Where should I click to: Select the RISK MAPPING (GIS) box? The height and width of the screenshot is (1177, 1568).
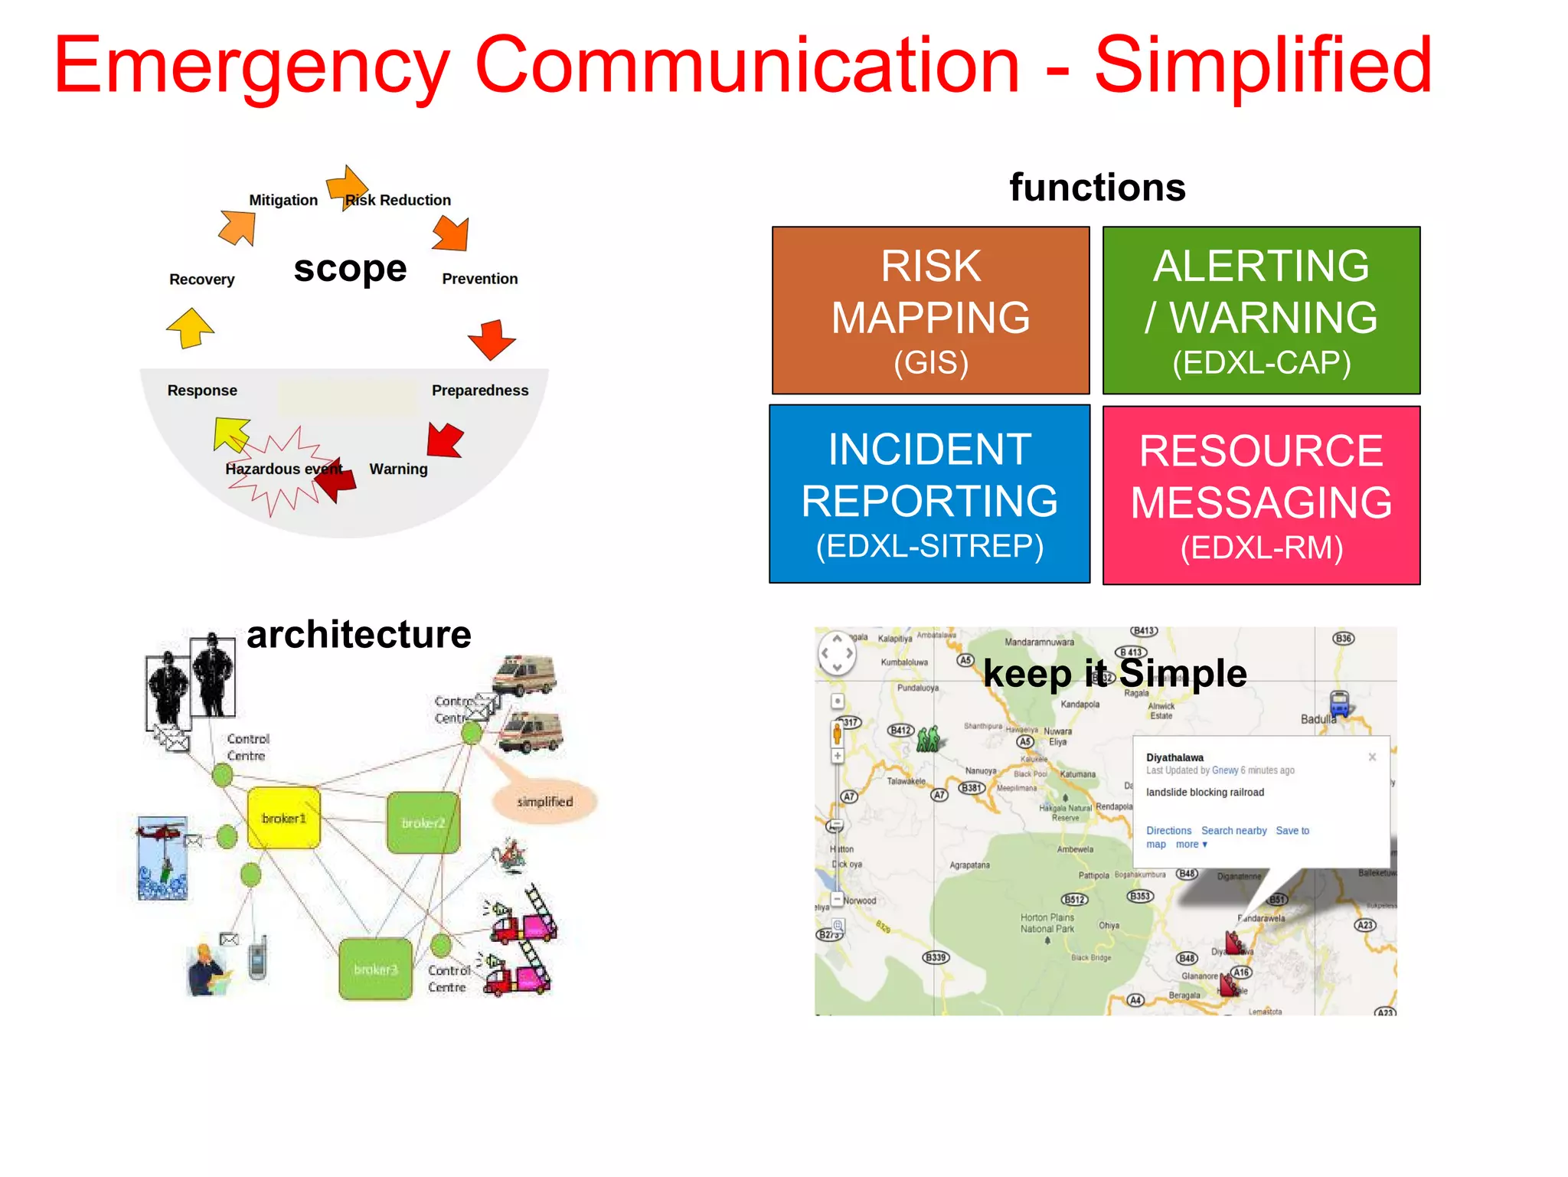click(930, 310)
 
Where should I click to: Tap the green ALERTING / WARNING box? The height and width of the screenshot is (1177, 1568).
click(1261, 310)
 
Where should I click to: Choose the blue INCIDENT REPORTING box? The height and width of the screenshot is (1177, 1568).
click(929, 494)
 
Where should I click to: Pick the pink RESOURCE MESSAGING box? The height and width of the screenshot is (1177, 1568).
click(1261, 495)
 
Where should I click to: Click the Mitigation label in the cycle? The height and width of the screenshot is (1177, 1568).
click(283, 200)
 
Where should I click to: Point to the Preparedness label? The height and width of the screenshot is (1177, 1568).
click(480, 391)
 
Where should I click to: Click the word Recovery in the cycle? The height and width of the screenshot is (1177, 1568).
click(202, 280)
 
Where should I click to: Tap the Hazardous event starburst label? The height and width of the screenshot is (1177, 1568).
click(284, 469)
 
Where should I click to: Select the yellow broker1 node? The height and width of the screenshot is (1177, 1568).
click(283, 818)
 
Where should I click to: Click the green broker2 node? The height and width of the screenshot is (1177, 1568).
click(423, 823)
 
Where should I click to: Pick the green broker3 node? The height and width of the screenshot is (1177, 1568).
click(375, 969)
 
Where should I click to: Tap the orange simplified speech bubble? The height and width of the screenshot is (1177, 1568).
click(544, 802)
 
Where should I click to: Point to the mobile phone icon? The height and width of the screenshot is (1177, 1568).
click(258, 957)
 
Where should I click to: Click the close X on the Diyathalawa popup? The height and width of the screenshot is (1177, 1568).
click(1372, 757)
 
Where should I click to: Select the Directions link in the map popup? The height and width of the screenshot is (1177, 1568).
click(1168, 830)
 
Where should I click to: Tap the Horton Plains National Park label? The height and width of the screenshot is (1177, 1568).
click(1047, 923)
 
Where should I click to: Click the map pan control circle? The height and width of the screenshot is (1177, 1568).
click(837, 653)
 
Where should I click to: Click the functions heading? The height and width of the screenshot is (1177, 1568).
click(1097, 188)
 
